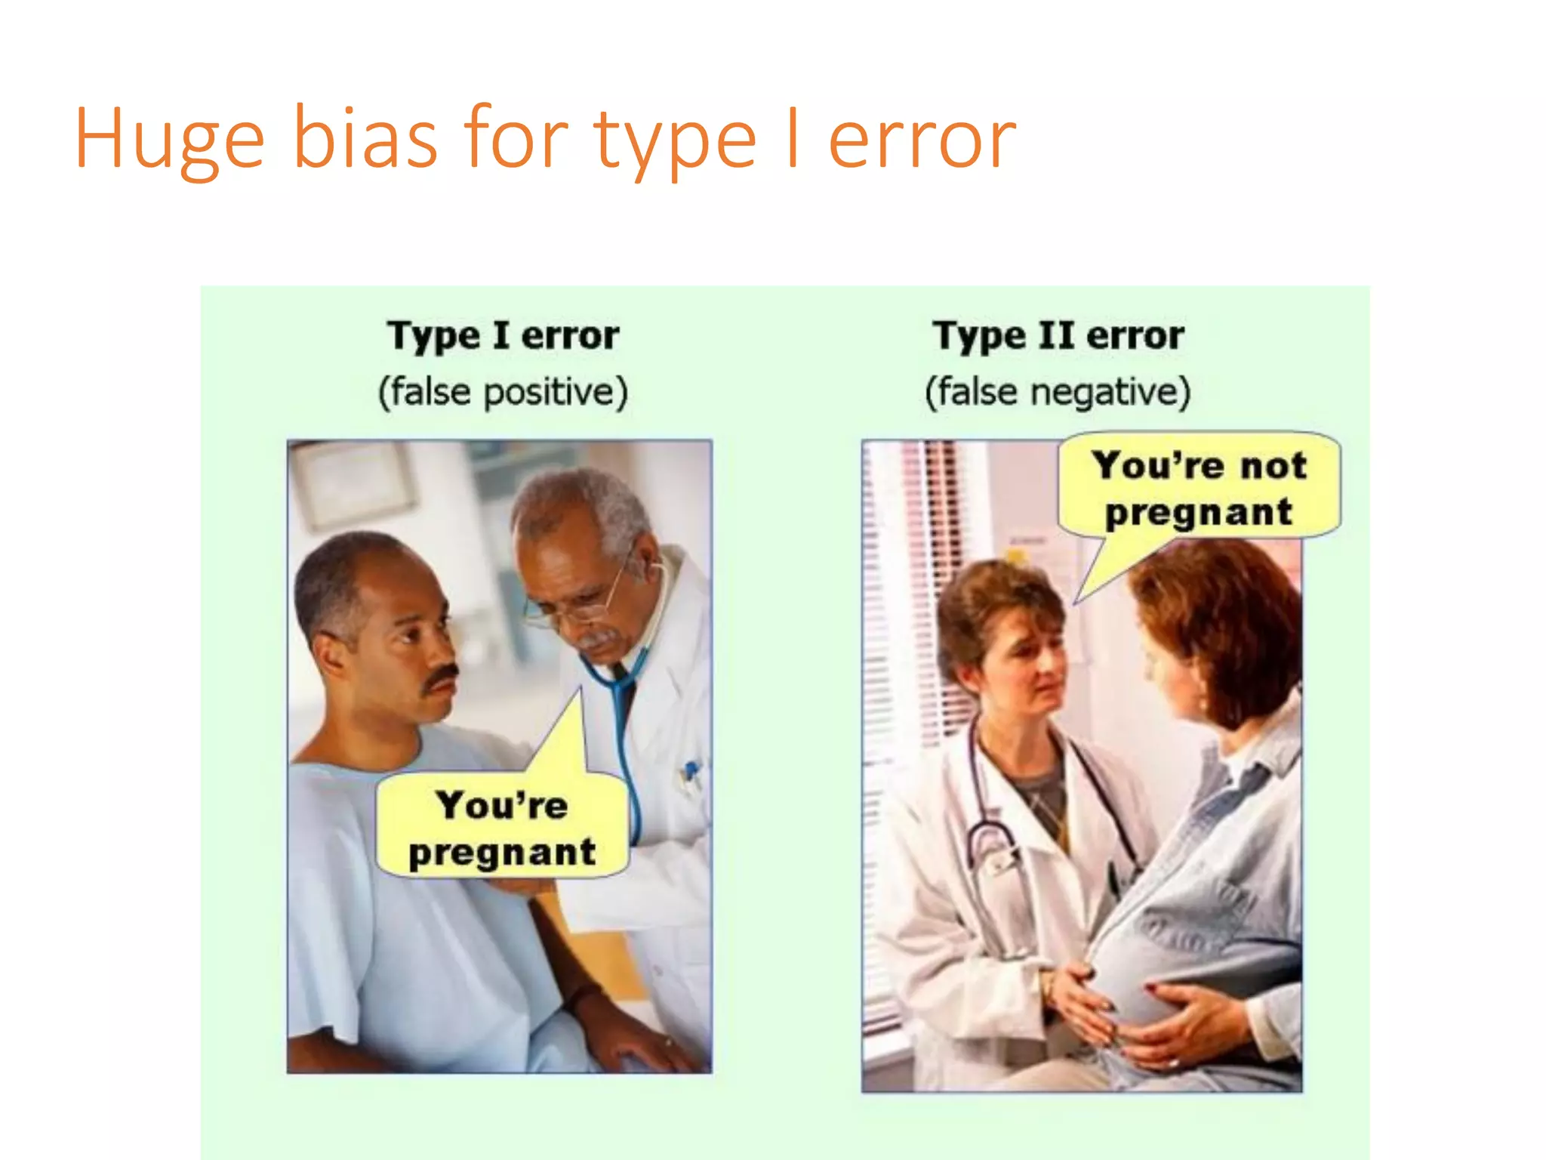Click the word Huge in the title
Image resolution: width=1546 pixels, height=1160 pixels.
coord(169,140)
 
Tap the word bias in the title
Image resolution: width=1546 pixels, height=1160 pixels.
coord(365,140)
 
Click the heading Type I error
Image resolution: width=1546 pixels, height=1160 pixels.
coord(503,335)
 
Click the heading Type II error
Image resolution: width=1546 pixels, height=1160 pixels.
coord(1058,335)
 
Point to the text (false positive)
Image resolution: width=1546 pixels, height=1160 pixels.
coord(503,392)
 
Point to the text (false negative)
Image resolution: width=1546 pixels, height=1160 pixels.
coord(1058,392)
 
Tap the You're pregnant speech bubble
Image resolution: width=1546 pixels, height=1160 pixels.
coord(503,828)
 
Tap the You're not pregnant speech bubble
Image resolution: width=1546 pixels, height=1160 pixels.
coord(1199,488)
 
